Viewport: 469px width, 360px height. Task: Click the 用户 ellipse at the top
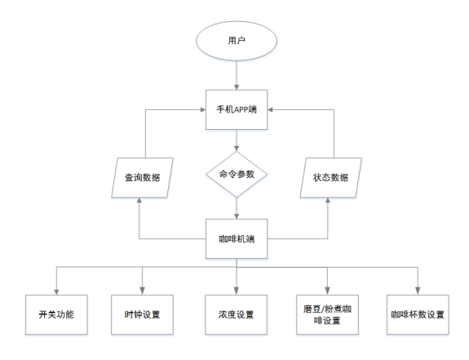point(237,41)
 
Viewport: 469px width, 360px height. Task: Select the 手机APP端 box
point(237,109)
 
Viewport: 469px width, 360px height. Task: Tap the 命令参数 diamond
point(237,174)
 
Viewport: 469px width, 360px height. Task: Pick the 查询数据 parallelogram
point(143,178)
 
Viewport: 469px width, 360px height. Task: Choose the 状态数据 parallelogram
point(331,178)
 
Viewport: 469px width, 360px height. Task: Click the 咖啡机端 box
point(237,239)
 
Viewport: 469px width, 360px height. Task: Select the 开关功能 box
point(56,314)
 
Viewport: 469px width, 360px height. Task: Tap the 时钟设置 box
point(143,314)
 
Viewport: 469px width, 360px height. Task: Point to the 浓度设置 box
point(237,314)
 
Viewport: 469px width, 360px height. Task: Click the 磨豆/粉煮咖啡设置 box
point(328,314)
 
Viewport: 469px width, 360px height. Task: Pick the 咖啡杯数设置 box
point(418,314)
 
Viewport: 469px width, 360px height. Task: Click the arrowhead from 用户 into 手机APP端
point(237,87)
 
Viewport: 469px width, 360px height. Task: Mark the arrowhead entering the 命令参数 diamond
point(237,149)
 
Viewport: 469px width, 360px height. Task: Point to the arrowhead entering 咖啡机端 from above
point(237,216)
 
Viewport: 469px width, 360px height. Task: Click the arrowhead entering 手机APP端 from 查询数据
point(203,110)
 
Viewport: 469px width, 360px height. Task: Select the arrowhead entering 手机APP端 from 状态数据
point(270,110)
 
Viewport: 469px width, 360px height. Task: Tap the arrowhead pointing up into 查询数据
point(139,201)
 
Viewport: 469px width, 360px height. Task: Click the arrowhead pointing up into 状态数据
point(328,201)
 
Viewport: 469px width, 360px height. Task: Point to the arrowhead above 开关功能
point(56,291)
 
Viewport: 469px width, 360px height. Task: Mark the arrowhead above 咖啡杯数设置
point(418,291)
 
